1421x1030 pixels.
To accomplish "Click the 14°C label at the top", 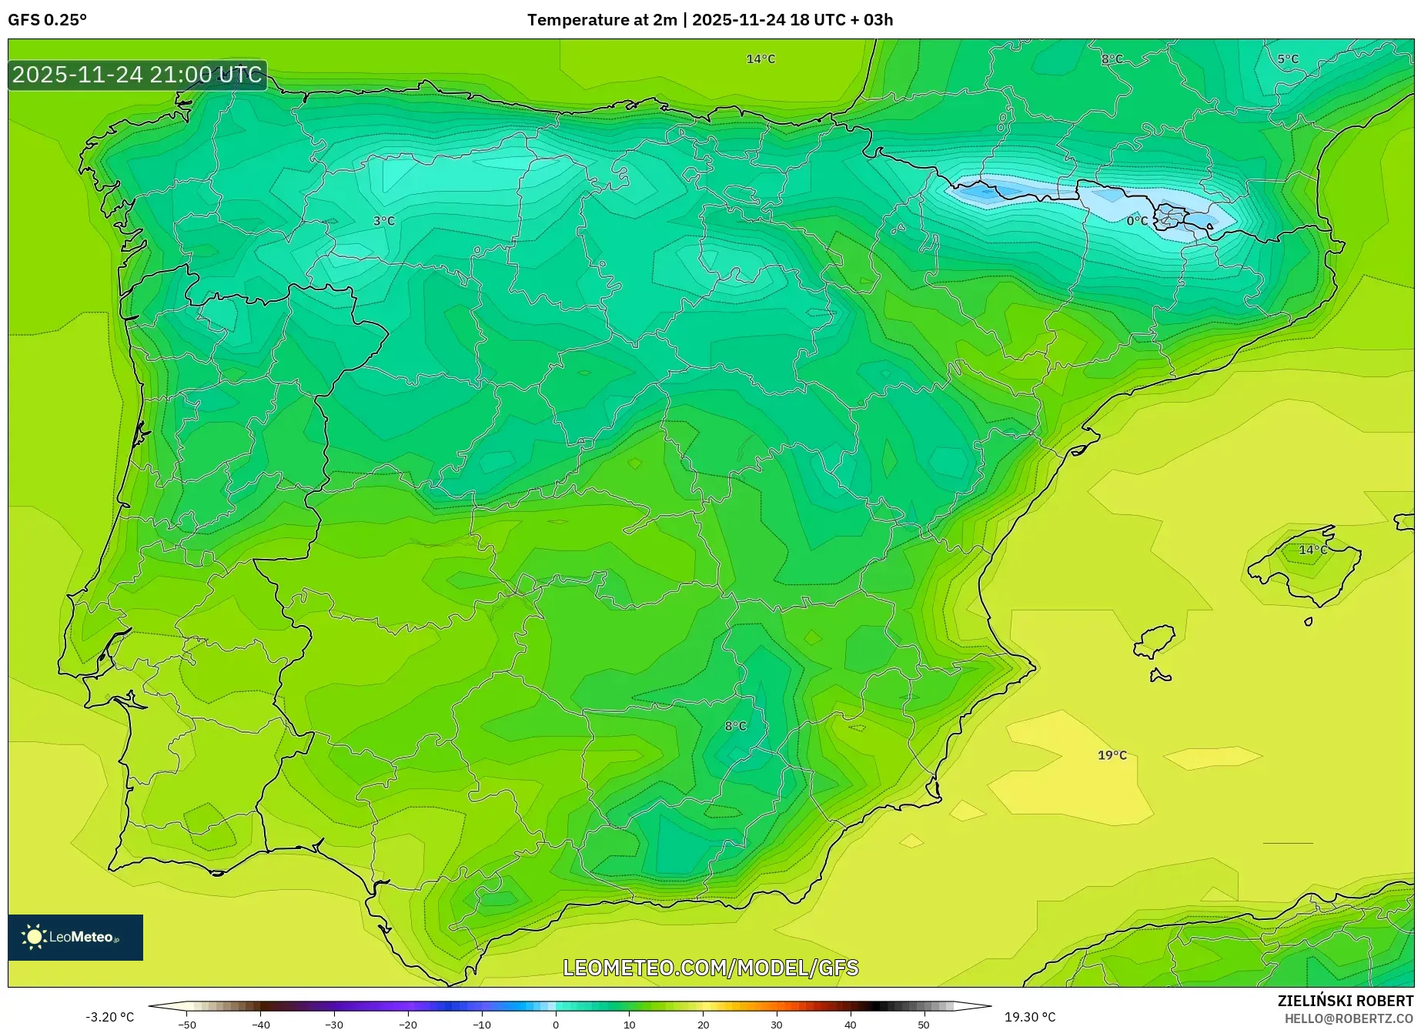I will (x=761, y=59).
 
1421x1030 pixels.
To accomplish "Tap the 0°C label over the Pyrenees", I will (x=1137, y=221).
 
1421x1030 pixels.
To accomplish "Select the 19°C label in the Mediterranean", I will (x=1112, y=755).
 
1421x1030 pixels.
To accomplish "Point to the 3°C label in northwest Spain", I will (x=384, y=221).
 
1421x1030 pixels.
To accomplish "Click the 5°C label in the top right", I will (x=1288, y=59).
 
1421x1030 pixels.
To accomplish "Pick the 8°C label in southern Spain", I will (x=735, y=726).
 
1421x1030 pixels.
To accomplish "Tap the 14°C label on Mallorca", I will (x=1313, y=550).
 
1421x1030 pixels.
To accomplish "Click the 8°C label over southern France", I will (x=1112, y=59).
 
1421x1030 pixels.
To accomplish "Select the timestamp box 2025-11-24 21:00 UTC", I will (x=137, y=75).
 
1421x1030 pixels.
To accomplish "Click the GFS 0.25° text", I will (x=48, y=20).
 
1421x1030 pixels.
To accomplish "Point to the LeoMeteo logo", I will (x=75, y=937).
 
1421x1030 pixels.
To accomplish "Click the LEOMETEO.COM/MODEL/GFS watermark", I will (x=710, y=968).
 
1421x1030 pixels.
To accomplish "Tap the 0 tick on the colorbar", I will (x=556, y=1025).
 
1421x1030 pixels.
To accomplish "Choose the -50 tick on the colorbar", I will (x=187, y=1025).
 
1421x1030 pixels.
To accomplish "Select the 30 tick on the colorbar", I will (x=776, y=1025).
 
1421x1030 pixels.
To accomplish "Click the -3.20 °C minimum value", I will (x=109, y=1017).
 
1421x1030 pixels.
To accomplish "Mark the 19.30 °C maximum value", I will (x=1030, y=1017).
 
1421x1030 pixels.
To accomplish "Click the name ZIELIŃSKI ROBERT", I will (x=1346, y=1001).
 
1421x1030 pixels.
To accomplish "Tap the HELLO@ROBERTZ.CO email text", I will (x=1349, y=1018).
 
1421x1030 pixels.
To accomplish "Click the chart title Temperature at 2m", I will (x=602, y=20).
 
